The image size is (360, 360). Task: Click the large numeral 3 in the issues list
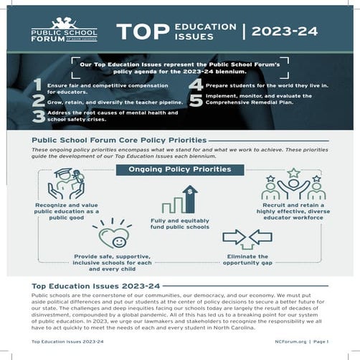click(x=37, y=116)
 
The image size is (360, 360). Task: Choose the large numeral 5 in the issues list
click(x=195, y=101)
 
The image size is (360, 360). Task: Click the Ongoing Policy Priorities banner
click(x=179, y=170)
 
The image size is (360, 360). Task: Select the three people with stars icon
click(x=293, y=184)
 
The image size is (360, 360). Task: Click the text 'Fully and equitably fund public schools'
click(x=180, y=224)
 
